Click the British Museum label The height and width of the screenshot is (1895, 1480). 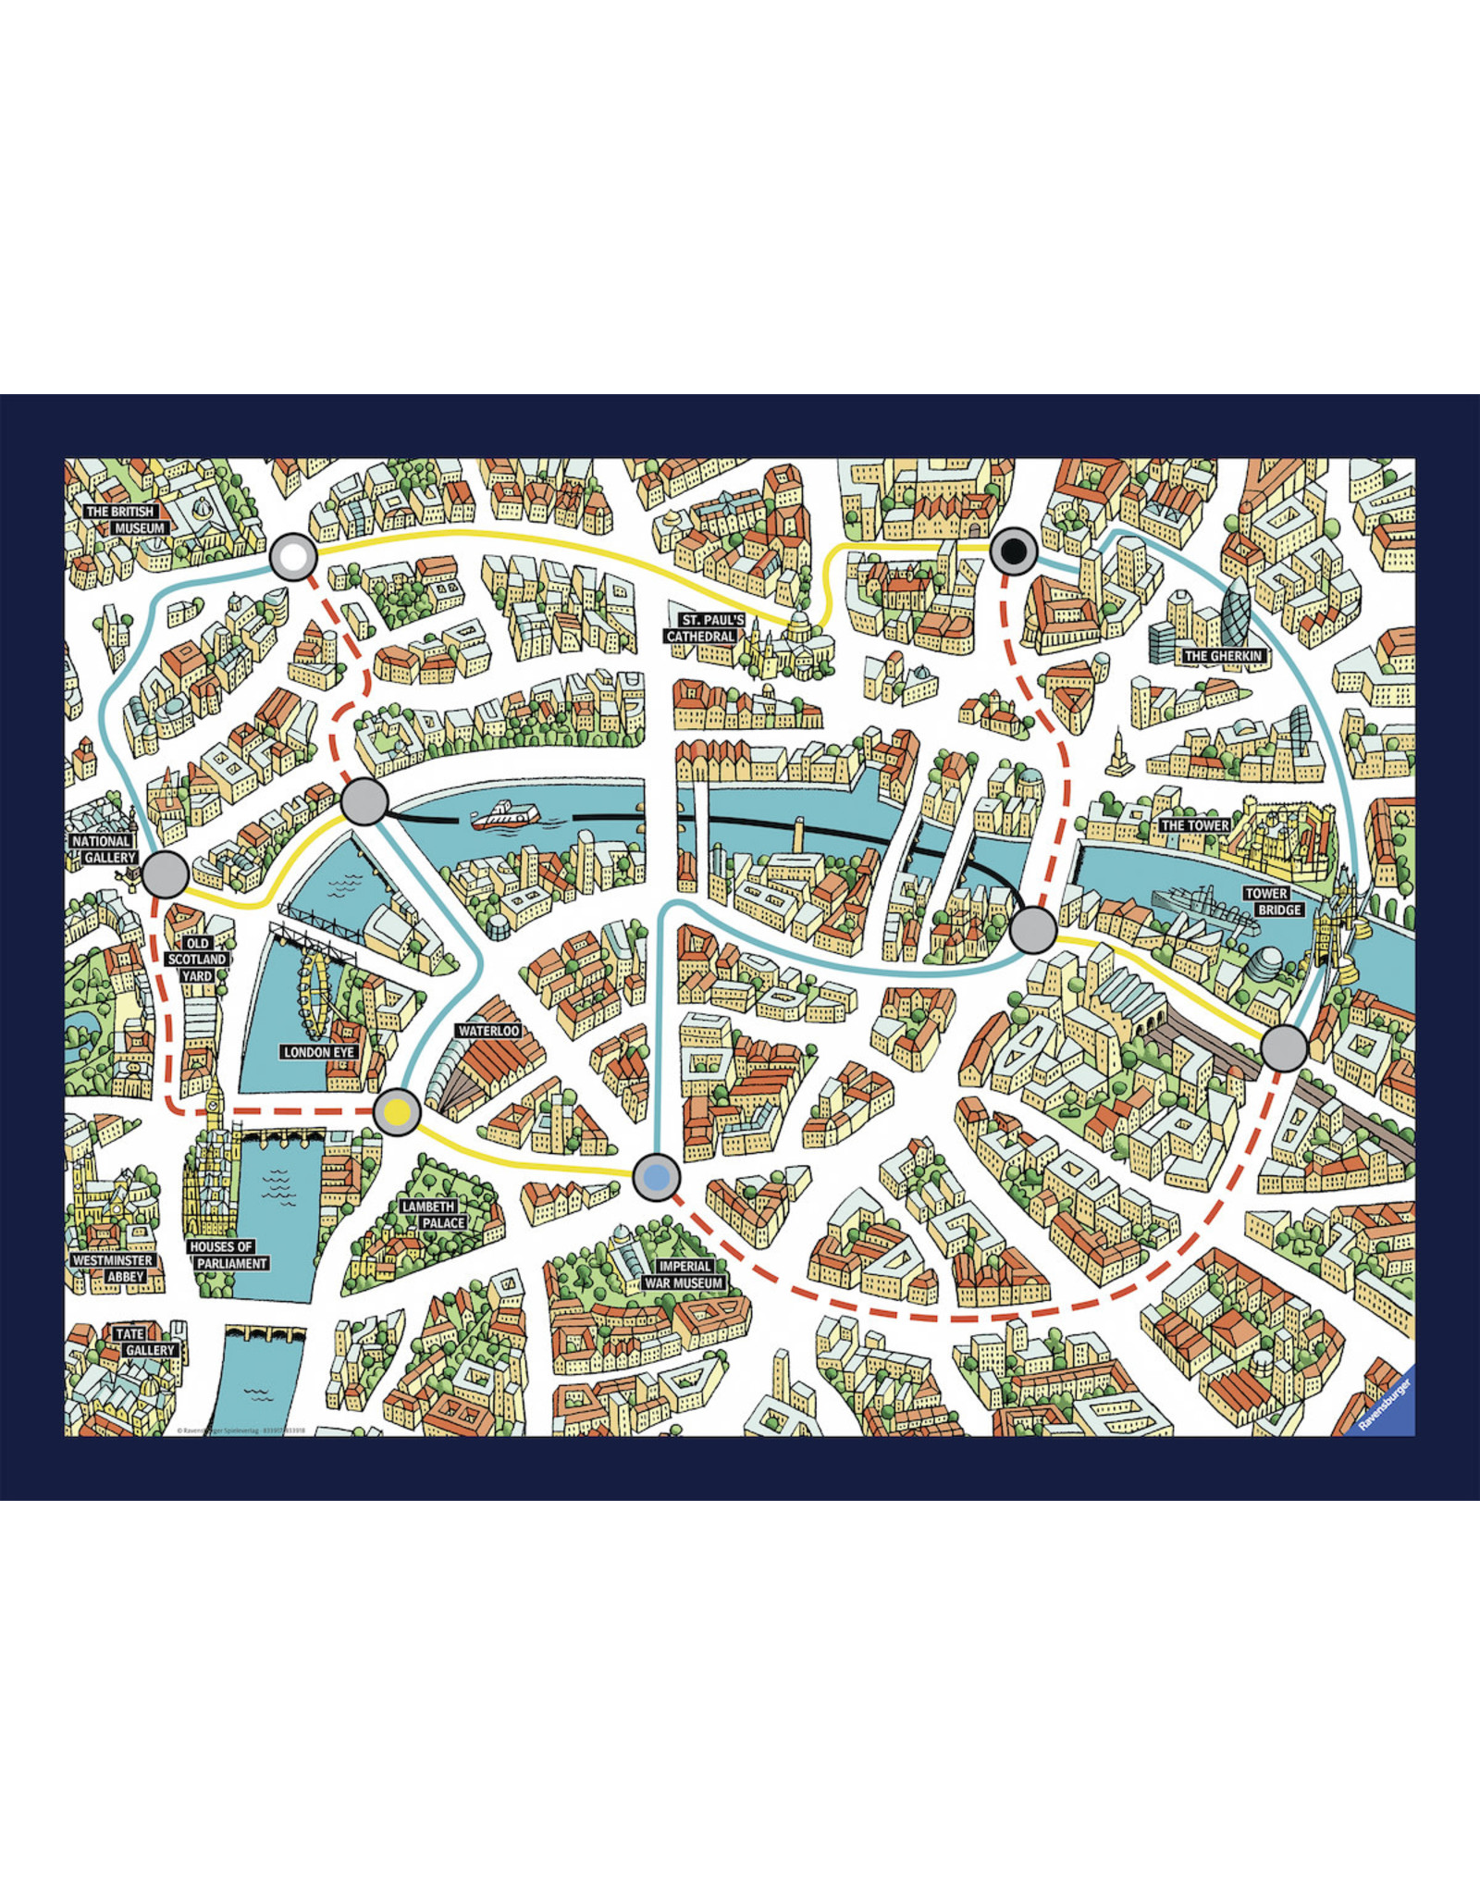pos(126,519)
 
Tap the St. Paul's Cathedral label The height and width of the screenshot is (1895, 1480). pos(704,628)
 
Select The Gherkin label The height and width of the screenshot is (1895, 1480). pos(1223,656)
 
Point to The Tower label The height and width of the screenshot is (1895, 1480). pos(1195,825)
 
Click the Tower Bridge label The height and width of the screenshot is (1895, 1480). pos(1273,902)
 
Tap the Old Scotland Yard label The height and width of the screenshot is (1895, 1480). pos(196,960)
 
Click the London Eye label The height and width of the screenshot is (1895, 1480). pos(319,1052)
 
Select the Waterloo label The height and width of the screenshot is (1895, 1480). pos(488,1031)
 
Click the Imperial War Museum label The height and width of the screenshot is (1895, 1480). pos(684,1275)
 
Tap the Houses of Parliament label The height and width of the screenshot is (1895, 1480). pos(227,1255)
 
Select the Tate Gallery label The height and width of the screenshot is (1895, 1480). pos(143,1342)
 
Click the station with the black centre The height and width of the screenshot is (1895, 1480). pos(1014,552)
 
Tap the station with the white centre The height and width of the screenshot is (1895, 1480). pos(293,558)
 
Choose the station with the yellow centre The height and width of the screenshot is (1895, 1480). pos(397,1111)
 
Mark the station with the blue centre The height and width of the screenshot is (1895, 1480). pos(656,1178)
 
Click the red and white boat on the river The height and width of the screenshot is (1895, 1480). pos(505,814)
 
